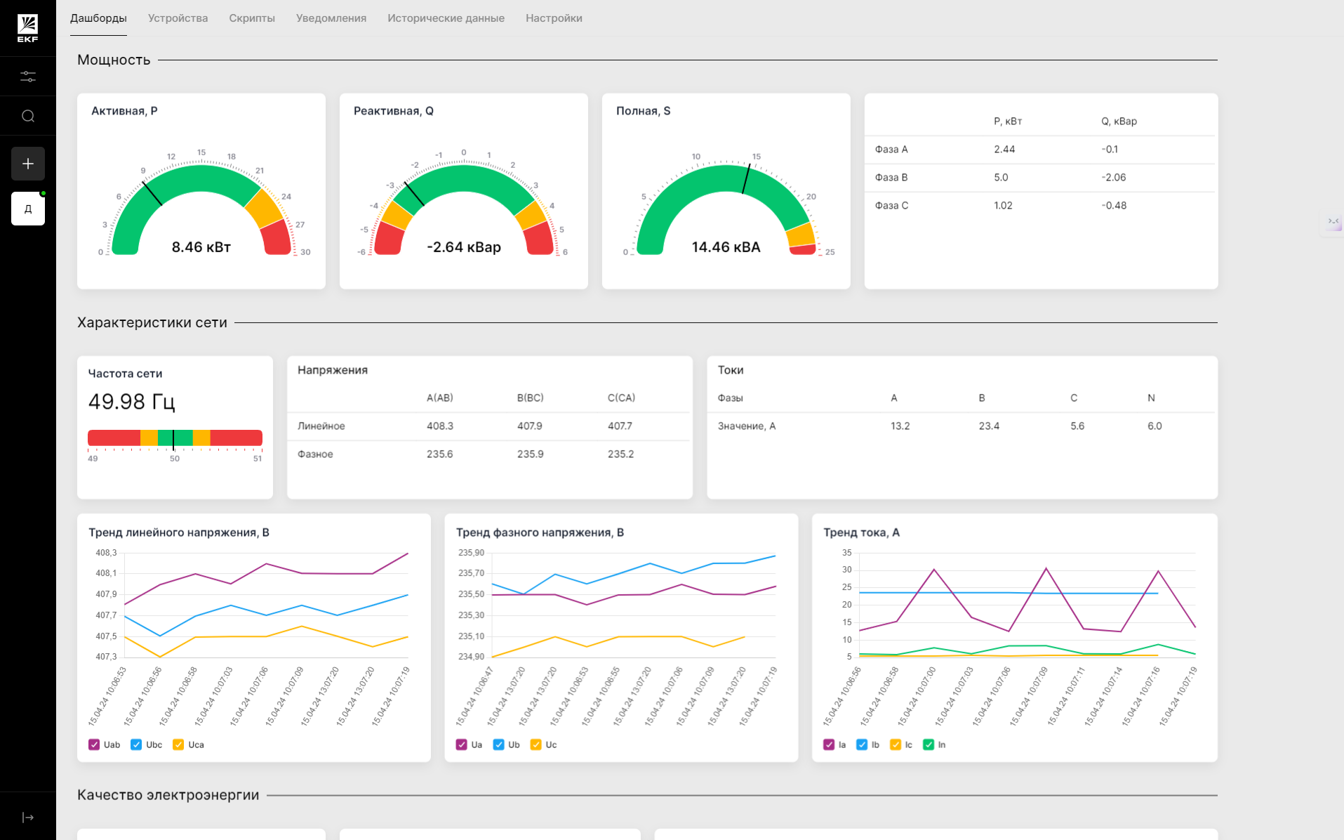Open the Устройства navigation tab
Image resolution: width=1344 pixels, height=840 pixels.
click(x=178, y=18)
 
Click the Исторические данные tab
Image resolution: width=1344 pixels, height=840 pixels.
click(x=446, y=18)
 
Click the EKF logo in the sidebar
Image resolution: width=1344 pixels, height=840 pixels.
click(x=28, y=28)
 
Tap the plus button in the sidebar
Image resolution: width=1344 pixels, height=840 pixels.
click(x=28, y=164)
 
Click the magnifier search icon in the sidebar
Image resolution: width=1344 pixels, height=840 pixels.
click(x=28, y=116)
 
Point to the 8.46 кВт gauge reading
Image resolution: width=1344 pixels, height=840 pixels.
click(x=201, y=247)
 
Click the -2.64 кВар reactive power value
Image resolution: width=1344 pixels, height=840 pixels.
click(x=464, y=247)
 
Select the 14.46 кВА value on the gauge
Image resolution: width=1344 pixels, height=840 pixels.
click(x=726, y=247)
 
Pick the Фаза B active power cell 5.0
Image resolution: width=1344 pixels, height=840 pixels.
click(x=1001, y=178)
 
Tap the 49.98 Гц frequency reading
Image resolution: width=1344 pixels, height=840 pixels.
click(x=131, y=402)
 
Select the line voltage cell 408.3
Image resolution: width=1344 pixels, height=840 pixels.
click(x=440, y=426)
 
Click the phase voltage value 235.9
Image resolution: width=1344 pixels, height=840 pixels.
click(x=531, y=454)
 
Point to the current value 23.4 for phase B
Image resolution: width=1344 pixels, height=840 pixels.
click(x=989, y=426)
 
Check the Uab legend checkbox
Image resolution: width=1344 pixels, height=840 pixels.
click(x=94, y=744)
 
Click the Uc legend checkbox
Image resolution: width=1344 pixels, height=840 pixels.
click(x=536, y=744)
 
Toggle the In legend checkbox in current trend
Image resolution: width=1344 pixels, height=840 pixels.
click(x=929, y=744)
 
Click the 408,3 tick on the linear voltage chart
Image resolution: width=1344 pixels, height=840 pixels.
click(x=106, y=553)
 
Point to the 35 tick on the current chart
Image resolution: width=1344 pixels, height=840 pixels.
click(x=847, y=553)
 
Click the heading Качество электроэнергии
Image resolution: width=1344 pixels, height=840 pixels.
click(x=168, y=795)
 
